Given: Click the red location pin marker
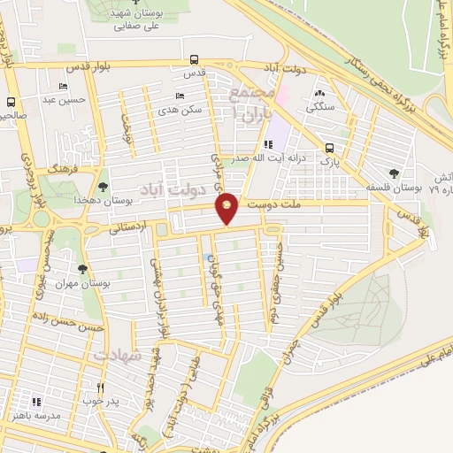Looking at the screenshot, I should click(227, 208).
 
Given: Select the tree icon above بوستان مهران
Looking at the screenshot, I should click(82, 268).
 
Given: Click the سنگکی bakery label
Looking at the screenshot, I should click(319, 107).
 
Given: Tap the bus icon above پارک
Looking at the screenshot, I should click(329, 148).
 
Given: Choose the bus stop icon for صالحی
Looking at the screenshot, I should click(11, 102).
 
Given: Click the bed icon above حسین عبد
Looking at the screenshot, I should click(61, 86).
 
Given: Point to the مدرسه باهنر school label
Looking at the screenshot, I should click(35, 415).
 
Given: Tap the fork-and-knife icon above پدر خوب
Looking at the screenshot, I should click(100, 388).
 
